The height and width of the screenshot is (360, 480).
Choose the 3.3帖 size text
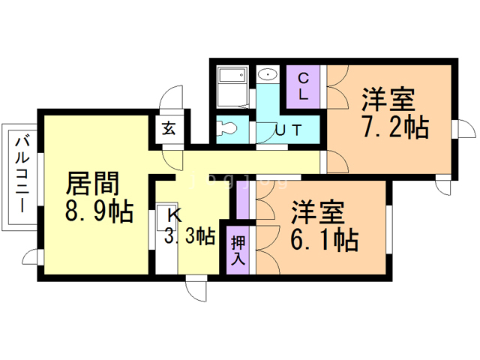click(x=190, y=236)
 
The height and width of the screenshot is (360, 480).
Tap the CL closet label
click(x=304, y=87)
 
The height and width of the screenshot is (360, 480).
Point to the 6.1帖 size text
click(x=323, y=240)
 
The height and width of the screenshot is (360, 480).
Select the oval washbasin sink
click(x=267, y=76)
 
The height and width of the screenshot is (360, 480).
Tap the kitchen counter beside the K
click(x=163, y=240)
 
